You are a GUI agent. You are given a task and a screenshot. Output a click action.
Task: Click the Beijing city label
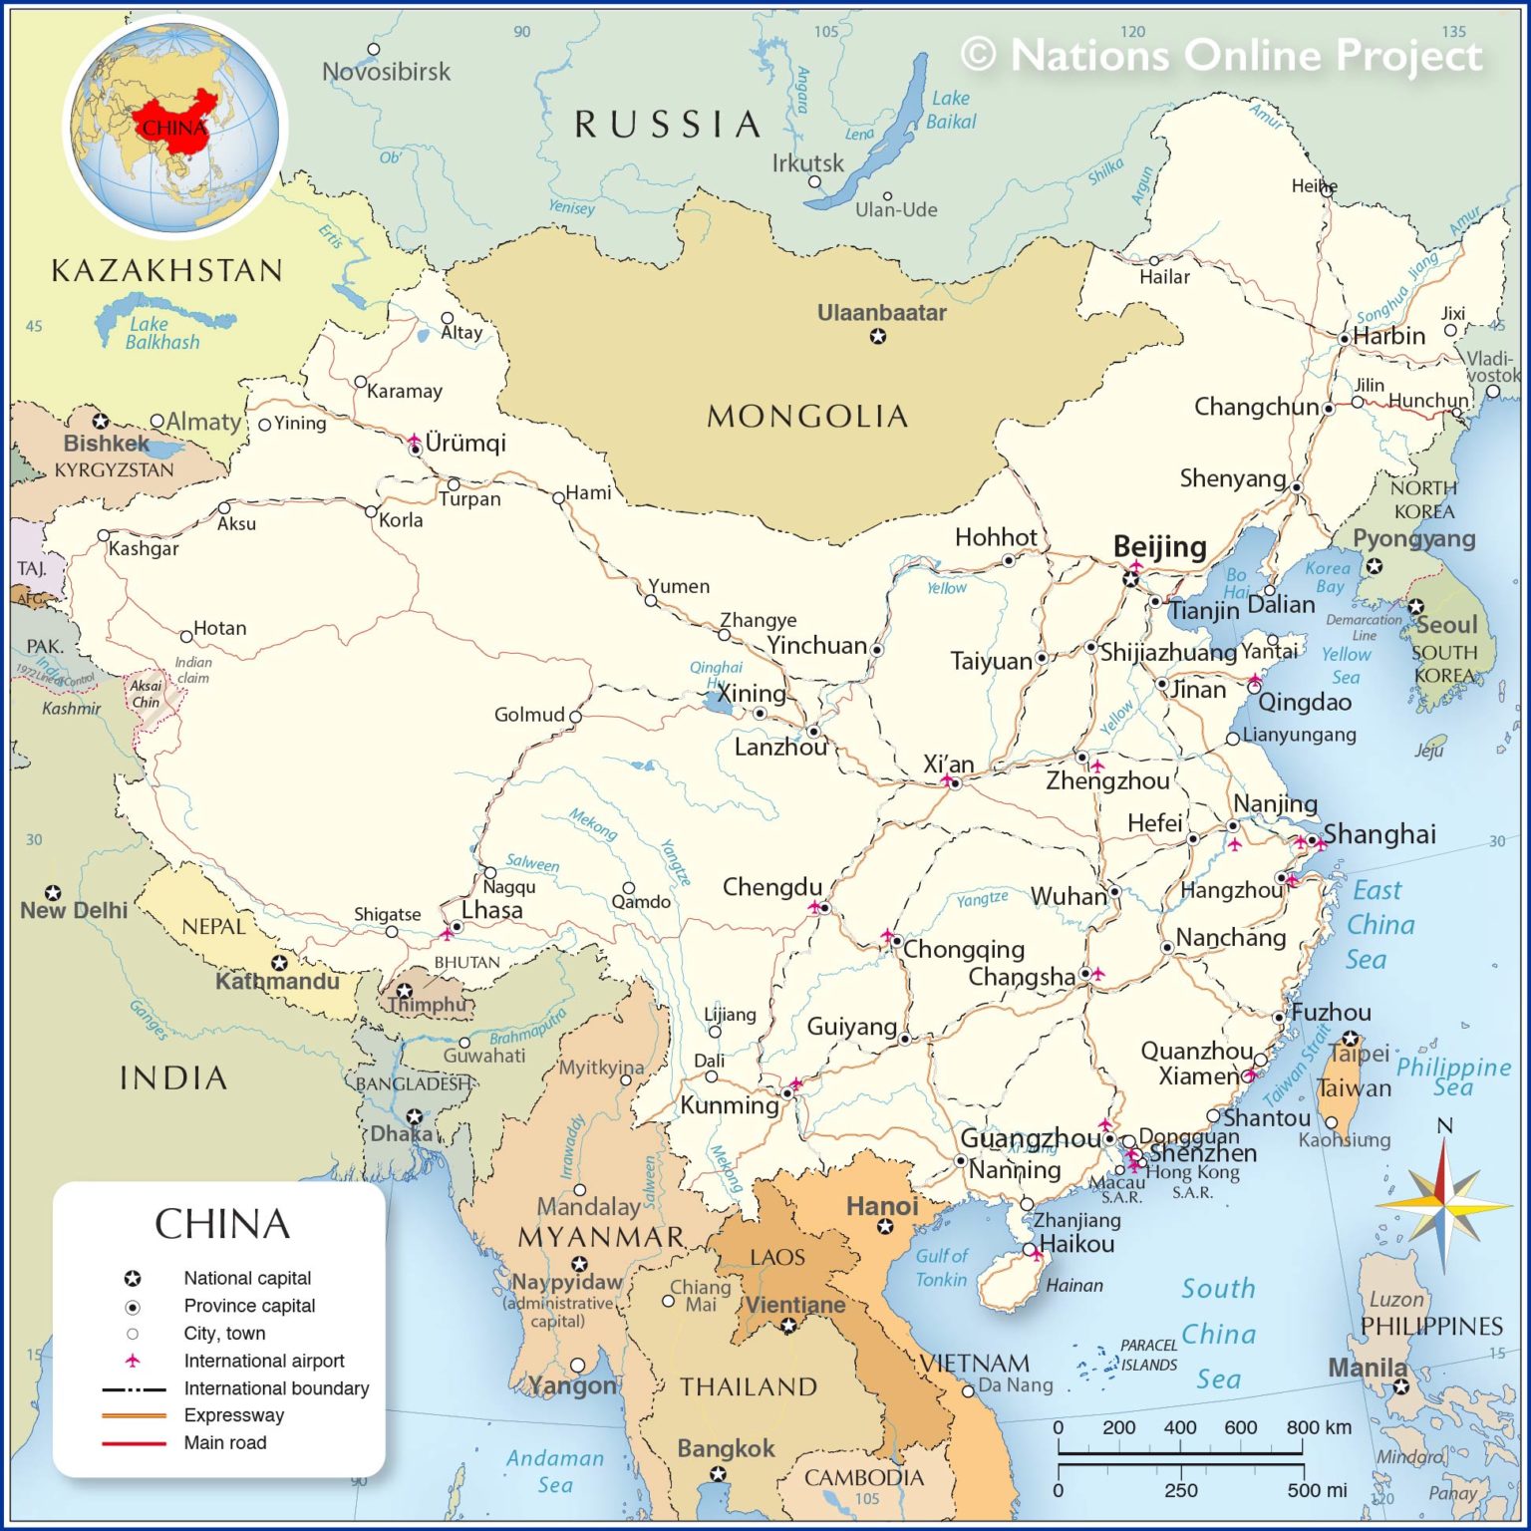click(1159, 546)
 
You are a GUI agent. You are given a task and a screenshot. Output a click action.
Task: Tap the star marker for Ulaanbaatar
click(877, 337)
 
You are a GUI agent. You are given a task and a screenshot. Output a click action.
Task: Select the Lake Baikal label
click(951, 110)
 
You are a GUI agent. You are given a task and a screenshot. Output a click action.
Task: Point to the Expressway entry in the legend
click(233, 1415)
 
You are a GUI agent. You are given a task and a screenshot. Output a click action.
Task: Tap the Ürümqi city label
click(465, 443)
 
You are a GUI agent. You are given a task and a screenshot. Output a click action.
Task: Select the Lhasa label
click(491, 910)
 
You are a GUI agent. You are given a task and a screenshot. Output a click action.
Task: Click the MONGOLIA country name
click(807, 416)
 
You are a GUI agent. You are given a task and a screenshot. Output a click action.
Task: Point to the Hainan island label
click(1073, 1286)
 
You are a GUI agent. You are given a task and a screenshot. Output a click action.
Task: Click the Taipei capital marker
click(1350, 1039)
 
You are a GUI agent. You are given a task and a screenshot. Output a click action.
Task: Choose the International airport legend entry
click(263, 1361)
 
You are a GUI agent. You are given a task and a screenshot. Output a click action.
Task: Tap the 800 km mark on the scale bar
click(1302, 1427)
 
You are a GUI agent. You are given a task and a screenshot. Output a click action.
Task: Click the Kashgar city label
click(144, 548)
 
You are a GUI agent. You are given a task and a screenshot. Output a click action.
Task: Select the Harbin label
click(1388, 336)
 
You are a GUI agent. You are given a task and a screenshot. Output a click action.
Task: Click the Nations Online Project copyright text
click(1221, 55)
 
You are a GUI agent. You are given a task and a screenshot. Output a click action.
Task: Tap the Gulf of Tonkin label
click(941, 1268)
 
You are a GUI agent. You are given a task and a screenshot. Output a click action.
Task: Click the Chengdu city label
click(771, 887)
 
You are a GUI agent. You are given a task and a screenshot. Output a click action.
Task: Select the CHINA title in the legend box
click(221, 1224)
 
